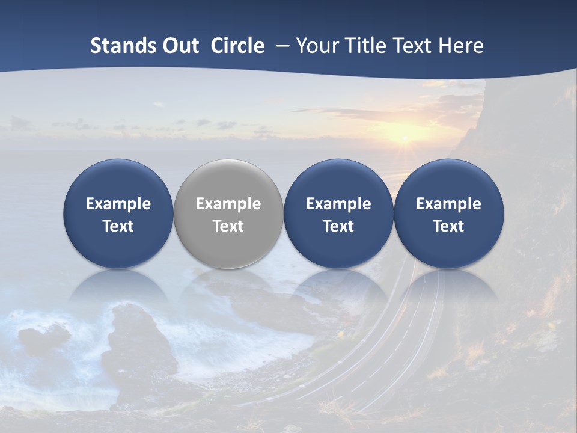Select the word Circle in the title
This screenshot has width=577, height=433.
point(237,46)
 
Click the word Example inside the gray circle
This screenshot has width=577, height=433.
point(228,204)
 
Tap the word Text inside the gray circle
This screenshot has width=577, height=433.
point(228,226)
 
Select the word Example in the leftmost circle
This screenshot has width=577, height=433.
point(118,204)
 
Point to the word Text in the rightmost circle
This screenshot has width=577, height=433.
point(449,226)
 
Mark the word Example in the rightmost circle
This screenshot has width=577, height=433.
point(449,204)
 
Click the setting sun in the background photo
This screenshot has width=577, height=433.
point(405,139)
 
